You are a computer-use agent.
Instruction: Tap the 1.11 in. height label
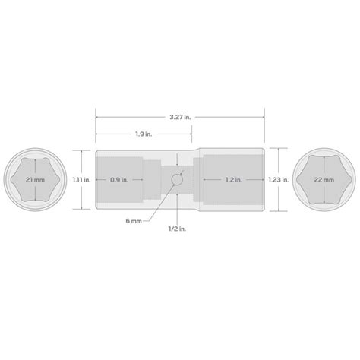click(82, 180)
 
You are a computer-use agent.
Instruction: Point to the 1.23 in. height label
click(279, 180)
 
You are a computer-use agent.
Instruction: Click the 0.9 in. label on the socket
click(118, 180)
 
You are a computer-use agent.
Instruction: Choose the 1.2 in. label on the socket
click(233, 180)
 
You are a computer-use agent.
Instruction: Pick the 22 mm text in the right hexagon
click(324, 180)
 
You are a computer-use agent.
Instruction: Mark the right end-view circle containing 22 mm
click(325, 180)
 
